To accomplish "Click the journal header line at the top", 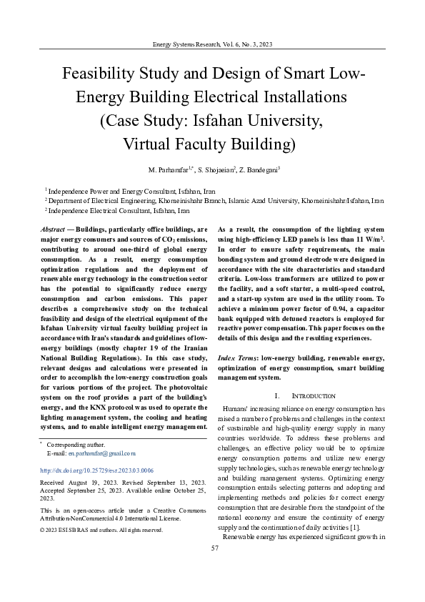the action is click(212, 44).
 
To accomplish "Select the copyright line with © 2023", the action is click(101, 530).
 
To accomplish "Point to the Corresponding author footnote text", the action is click(69, 445).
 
